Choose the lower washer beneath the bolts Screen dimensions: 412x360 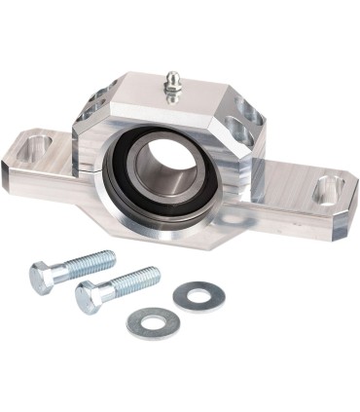152,322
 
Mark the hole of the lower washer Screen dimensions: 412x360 152,322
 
